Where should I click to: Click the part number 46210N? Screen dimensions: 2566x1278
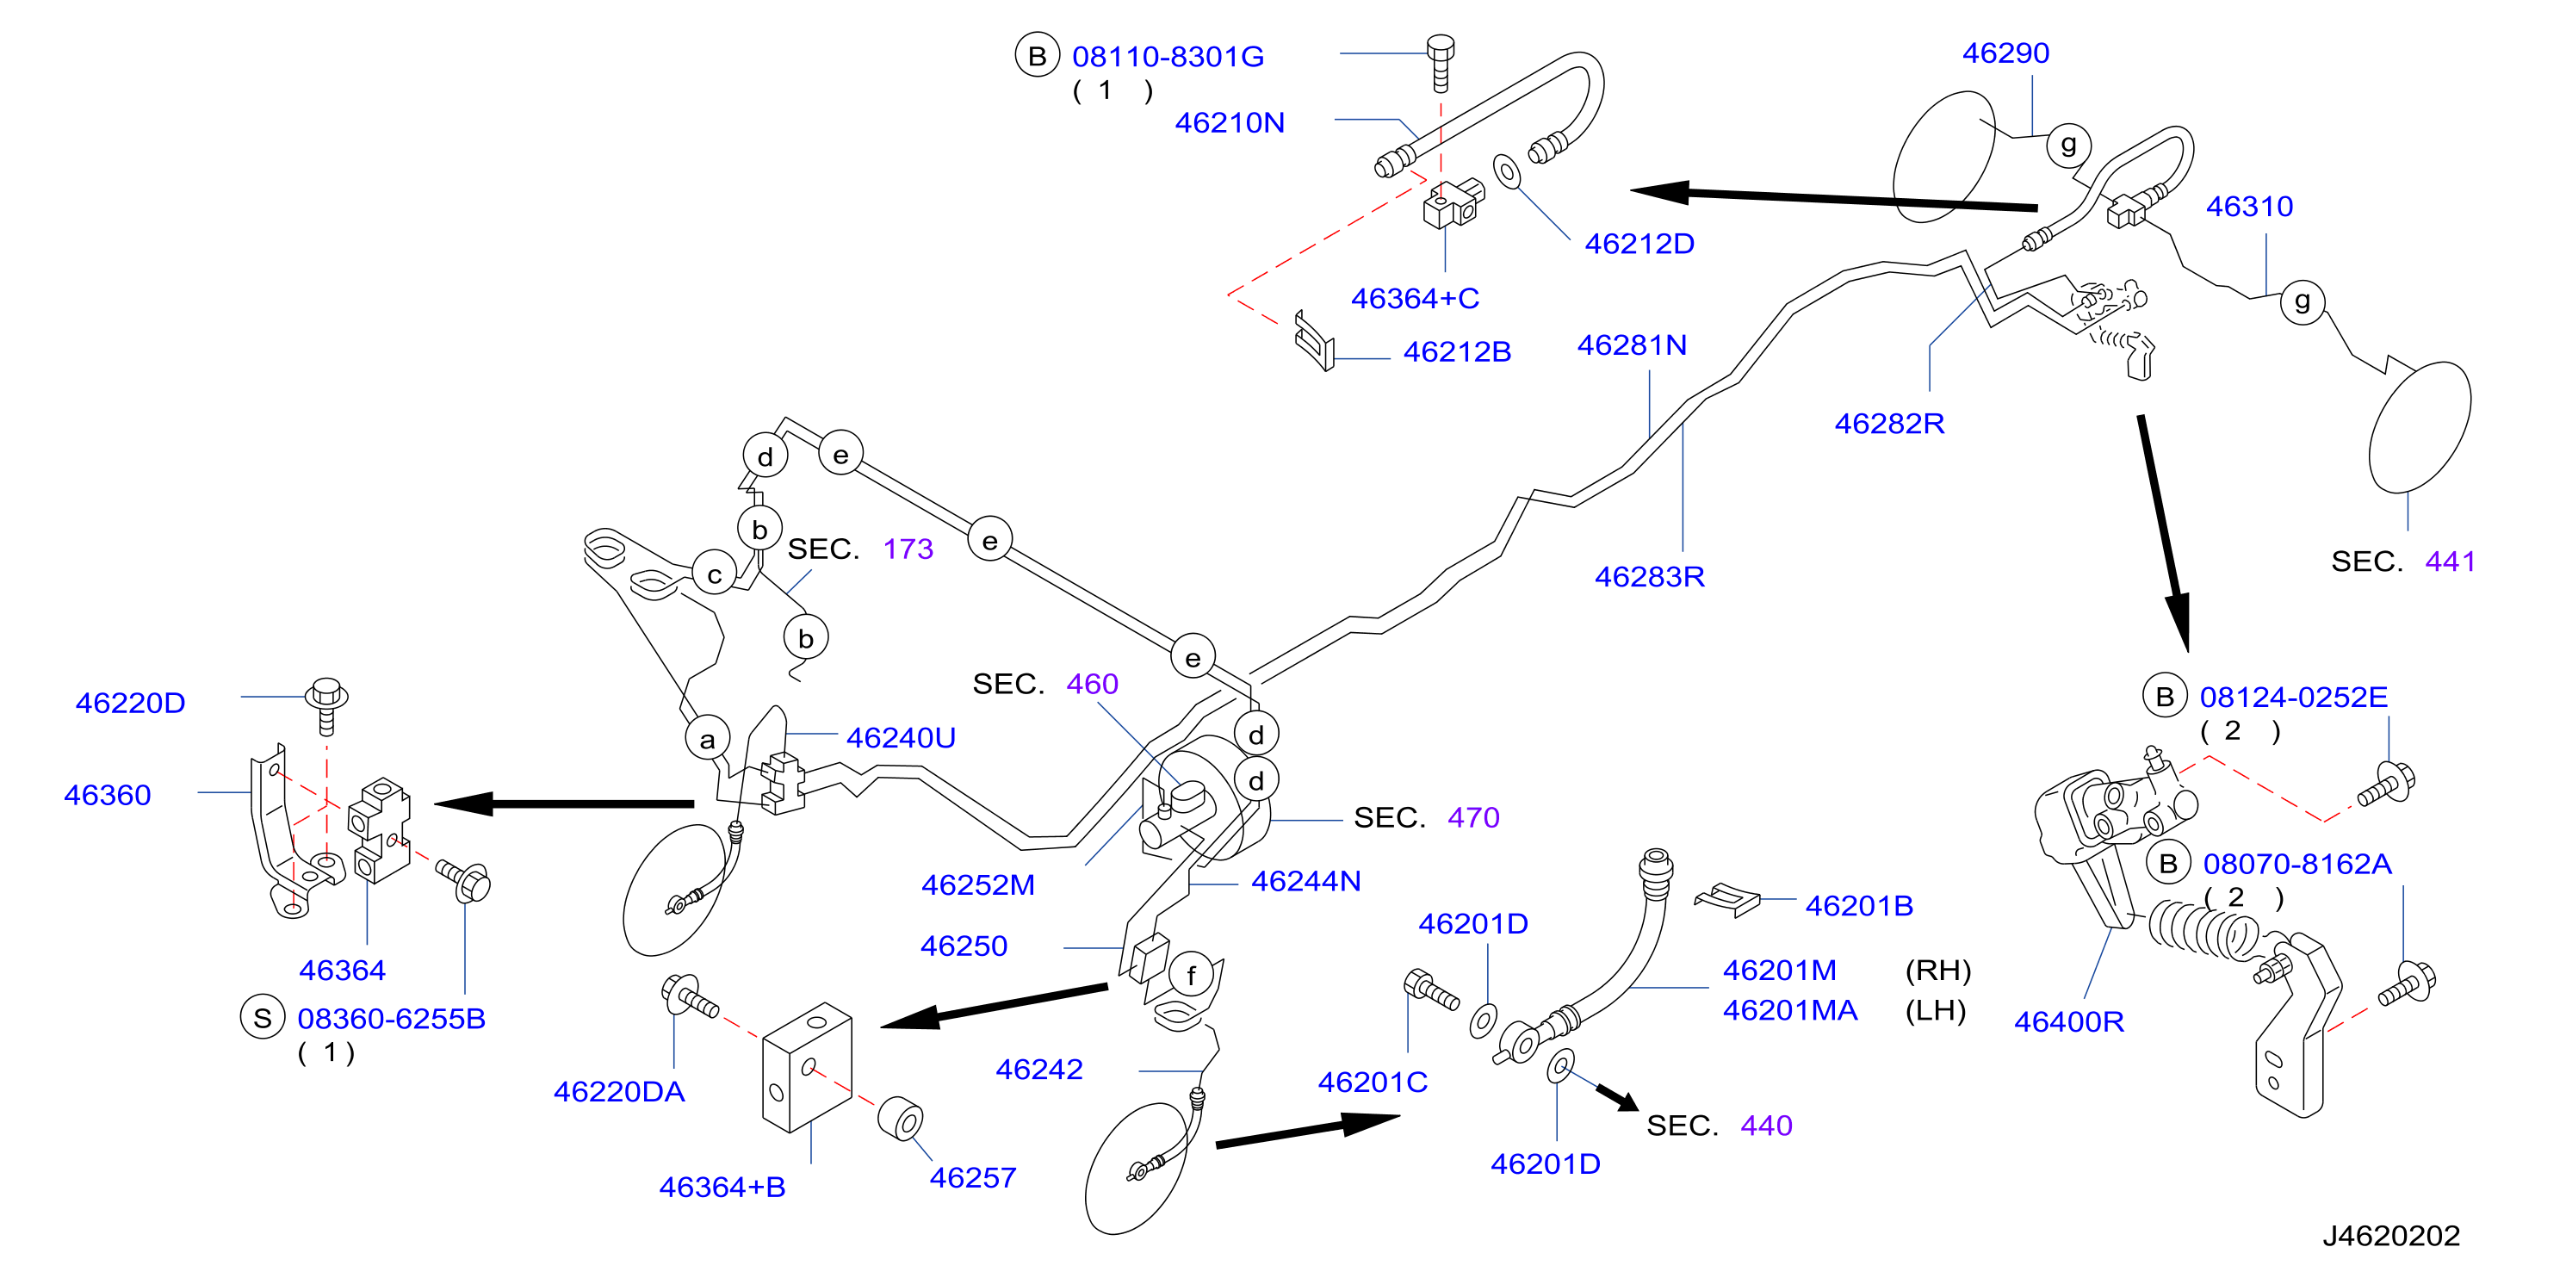1230,122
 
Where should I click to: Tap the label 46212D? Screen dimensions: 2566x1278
1639,243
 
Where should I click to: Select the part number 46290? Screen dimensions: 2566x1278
2005,53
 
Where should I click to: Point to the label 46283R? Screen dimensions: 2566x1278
1650,576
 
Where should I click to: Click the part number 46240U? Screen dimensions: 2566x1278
901,737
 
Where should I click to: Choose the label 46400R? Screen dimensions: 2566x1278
2069,1021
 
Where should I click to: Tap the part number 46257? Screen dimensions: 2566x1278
972,1177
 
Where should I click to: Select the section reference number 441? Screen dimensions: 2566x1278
2450,561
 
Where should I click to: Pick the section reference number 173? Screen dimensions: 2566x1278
908,549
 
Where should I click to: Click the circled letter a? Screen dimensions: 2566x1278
707,739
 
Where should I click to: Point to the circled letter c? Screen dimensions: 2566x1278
714,574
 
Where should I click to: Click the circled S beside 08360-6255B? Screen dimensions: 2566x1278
262,1018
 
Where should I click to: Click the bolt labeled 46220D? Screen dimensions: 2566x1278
326,705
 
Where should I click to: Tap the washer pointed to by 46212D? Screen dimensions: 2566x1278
1507,171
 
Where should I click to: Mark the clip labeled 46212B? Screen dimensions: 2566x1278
1314,341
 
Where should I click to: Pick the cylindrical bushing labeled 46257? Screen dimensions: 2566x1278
902,1119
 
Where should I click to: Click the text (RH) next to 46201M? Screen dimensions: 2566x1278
1937,971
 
